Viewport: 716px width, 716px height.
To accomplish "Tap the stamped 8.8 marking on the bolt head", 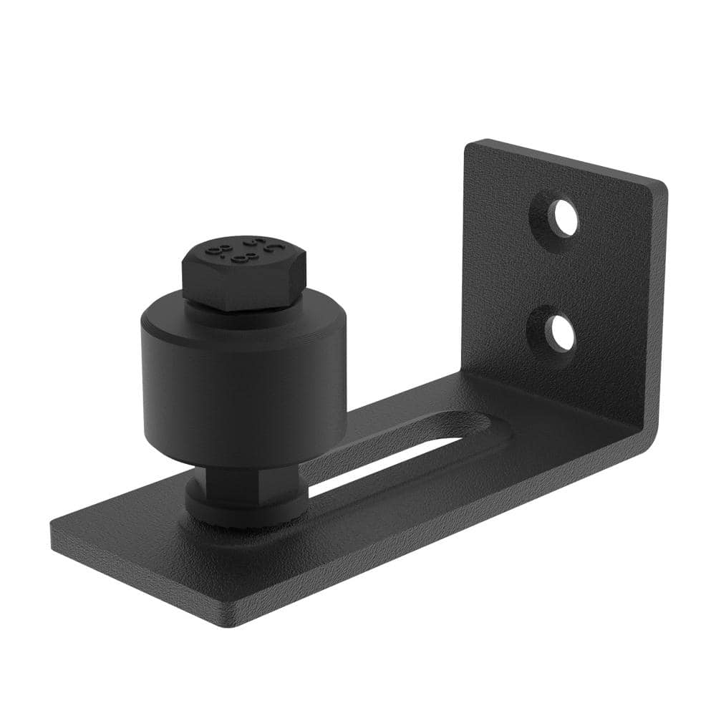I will pyautogui.click(x=244, y=251).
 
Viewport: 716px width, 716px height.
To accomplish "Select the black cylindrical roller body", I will pyautogui.click(x=243, y=387).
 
